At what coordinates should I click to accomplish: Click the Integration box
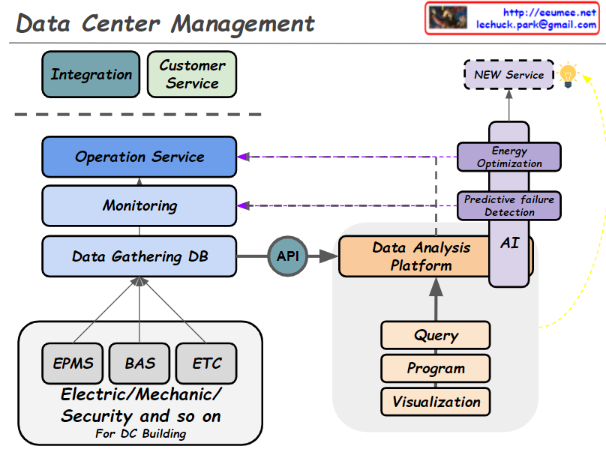pos(91,74)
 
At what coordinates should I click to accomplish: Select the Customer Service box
pos(192,74)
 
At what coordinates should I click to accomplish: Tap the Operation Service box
pos(139,157)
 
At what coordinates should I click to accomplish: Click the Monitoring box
pos(139,205)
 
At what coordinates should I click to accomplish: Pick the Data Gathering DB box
pos(139,256)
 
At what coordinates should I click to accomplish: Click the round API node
pos(287,256)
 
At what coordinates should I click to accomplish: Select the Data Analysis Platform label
pos(421,256)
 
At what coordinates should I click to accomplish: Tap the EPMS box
pos(73,363)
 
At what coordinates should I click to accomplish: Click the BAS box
pos(139,363)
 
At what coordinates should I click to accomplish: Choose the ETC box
pos(206,363)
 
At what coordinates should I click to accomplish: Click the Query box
pos(436,335)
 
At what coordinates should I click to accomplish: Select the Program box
pos(436,368)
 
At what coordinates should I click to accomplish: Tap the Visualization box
pos(436,401)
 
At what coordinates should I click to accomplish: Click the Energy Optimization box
pos(509,157)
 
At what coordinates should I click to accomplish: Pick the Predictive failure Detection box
pos(509,205)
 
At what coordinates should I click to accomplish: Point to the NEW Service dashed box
pos(508,75)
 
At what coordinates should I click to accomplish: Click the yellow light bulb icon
pos(568,75)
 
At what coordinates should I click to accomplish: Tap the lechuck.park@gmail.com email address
pos(536,24)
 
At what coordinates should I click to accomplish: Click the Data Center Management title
pos(166,23)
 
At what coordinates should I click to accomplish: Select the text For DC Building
pos(140,433)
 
